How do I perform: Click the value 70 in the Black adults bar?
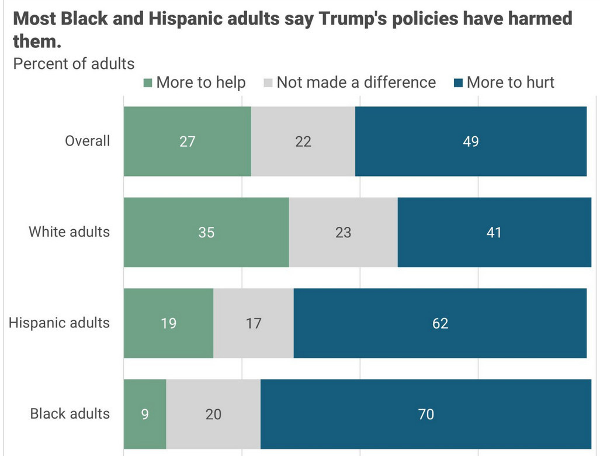(x=426, y=414)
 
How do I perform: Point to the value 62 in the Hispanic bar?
(x=440, y=323)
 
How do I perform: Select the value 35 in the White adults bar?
(x=206, y=232)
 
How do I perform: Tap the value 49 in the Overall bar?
(x=471, y=141)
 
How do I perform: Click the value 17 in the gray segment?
(x=253, y=323)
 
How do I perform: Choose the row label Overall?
(x=87, y=141)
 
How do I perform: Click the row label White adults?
(x=69, y=232)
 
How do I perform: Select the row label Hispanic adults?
(x=59, y=323)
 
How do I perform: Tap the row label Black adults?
(x=70, y=413)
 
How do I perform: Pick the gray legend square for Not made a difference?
(x=268, y=83)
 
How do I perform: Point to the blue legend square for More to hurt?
(x=457, y=83)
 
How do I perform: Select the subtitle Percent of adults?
(x=74, y=63)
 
